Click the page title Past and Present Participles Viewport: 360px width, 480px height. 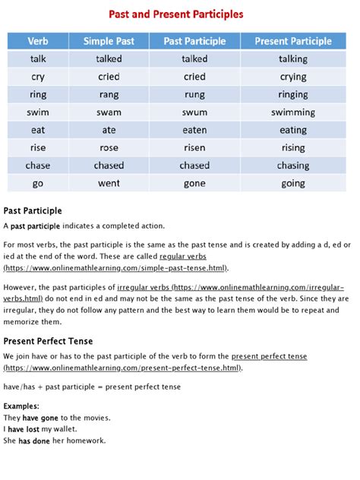point(180,14)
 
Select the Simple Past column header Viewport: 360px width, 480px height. point(109,41)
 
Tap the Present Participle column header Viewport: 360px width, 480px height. point(292,41)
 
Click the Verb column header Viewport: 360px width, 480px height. point(38,41)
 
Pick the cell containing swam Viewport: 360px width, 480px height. point(109,112)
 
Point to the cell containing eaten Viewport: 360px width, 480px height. point(194,130)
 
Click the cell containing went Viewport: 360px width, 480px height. point(109,183)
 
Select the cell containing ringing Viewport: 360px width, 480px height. point(292,94)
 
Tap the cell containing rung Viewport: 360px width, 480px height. point(194,94)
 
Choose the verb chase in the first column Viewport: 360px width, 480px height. point(38,166)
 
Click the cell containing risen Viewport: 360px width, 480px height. point(194,147)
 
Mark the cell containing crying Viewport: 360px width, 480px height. point(292,77)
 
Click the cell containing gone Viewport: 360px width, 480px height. point(194,183)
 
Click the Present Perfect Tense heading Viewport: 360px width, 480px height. point(48,341)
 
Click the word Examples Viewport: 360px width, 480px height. point(22,406)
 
